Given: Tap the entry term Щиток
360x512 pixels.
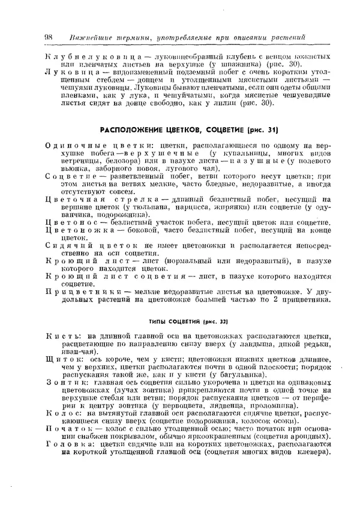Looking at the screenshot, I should coord(64,360).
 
